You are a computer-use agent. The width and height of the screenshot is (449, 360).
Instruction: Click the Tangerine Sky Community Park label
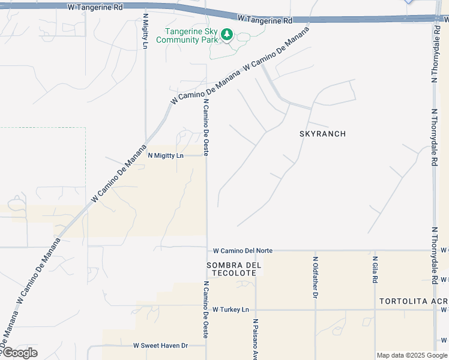coord(185,36)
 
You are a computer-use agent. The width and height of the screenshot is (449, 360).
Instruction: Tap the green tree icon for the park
coord(226,35)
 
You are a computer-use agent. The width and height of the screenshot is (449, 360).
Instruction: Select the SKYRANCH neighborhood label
coord(322,134)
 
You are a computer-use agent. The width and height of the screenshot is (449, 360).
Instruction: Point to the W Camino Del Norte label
coord(239,250)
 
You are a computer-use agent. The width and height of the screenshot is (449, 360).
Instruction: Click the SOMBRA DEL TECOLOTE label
coord(231,269)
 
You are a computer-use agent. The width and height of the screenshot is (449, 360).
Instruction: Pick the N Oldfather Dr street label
coord(315,277)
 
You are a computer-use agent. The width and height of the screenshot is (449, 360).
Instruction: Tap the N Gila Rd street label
coord(375,271)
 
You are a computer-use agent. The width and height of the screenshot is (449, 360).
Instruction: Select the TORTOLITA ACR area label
coord(413,300)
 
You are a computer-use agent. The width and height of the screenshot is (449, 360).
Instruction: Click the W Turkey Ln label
coord(230,310)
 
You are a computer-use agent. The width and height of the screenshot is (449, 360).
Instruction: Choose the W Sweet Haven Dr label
coord(160,346)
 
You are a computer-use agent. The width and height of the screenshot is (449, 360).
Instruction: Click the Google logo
coord(19,353)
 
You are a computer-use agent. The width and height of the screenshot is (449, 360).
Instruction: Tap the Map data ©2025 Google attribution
coord(412,355)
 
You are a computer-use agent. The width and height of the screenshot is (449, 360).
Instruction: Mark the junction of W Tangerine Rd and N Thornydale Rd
coord(434,18)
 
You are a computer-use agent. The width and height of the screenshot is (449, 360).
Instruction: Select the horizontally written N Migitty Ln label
coord(165,155)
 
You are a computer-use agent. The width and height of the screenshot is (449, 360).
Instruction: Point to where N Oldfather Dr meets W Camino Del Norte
coord(315,251)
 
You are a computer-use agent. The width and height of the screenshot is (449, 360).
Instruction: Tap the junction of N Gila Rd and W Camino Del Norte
coord(375,251)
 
